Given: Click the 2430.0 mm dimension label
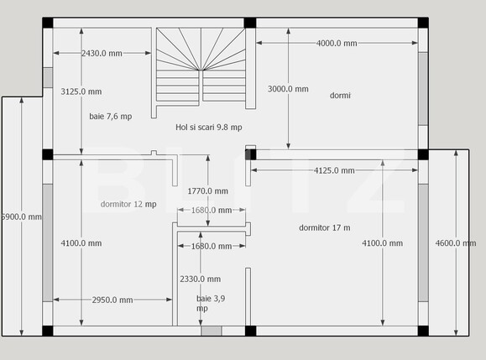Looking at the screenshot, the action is pyautogui.click(x=102, y=54).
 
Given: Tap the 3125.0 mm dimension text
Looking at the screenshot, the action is pyautogui.click(x=81, y=91).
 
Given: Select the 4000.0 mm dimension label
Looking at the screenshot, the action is pyautogui.click(x=337, y=43).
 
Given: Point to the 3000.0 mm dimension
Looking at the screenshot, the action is pyautogui.click(x=288, y=89).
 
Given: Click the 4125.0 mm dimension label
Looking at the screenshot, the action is pyautogui.click(x=334, y=170).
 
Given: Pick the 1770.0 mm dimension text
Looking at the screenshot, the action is pyautogui.click(x=208, y=191).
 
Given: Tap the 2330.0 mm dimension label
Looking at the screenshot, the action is pyautogui.click(x=201, y=279).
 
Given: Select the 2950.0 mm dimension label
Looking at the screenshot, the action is pyautogui.click(x=112, y=300).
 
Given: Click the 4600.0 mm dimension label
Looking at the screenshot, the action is pyautogui.click(x=456, y=243).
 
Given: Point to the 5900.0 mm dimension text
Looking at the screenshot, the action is pyautogui.click(x=21, y=217).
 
